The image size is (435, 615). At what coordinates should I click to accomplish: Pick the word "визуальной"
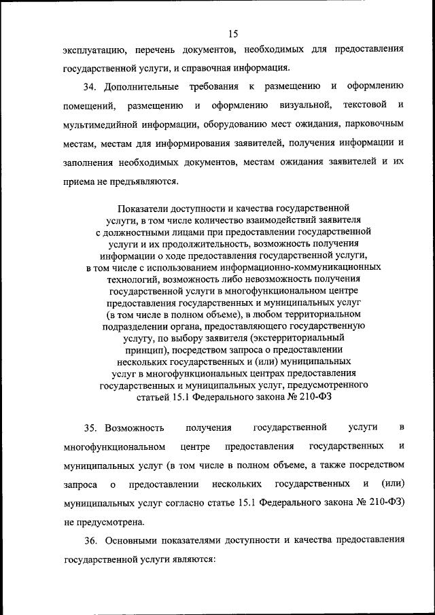(x=304, y=105)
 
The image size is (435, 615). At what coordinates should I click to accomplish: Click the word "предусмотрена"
(x=113, y=524)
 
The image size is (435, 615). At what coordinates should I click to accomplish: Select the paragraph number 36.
(x=92, y=542)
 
